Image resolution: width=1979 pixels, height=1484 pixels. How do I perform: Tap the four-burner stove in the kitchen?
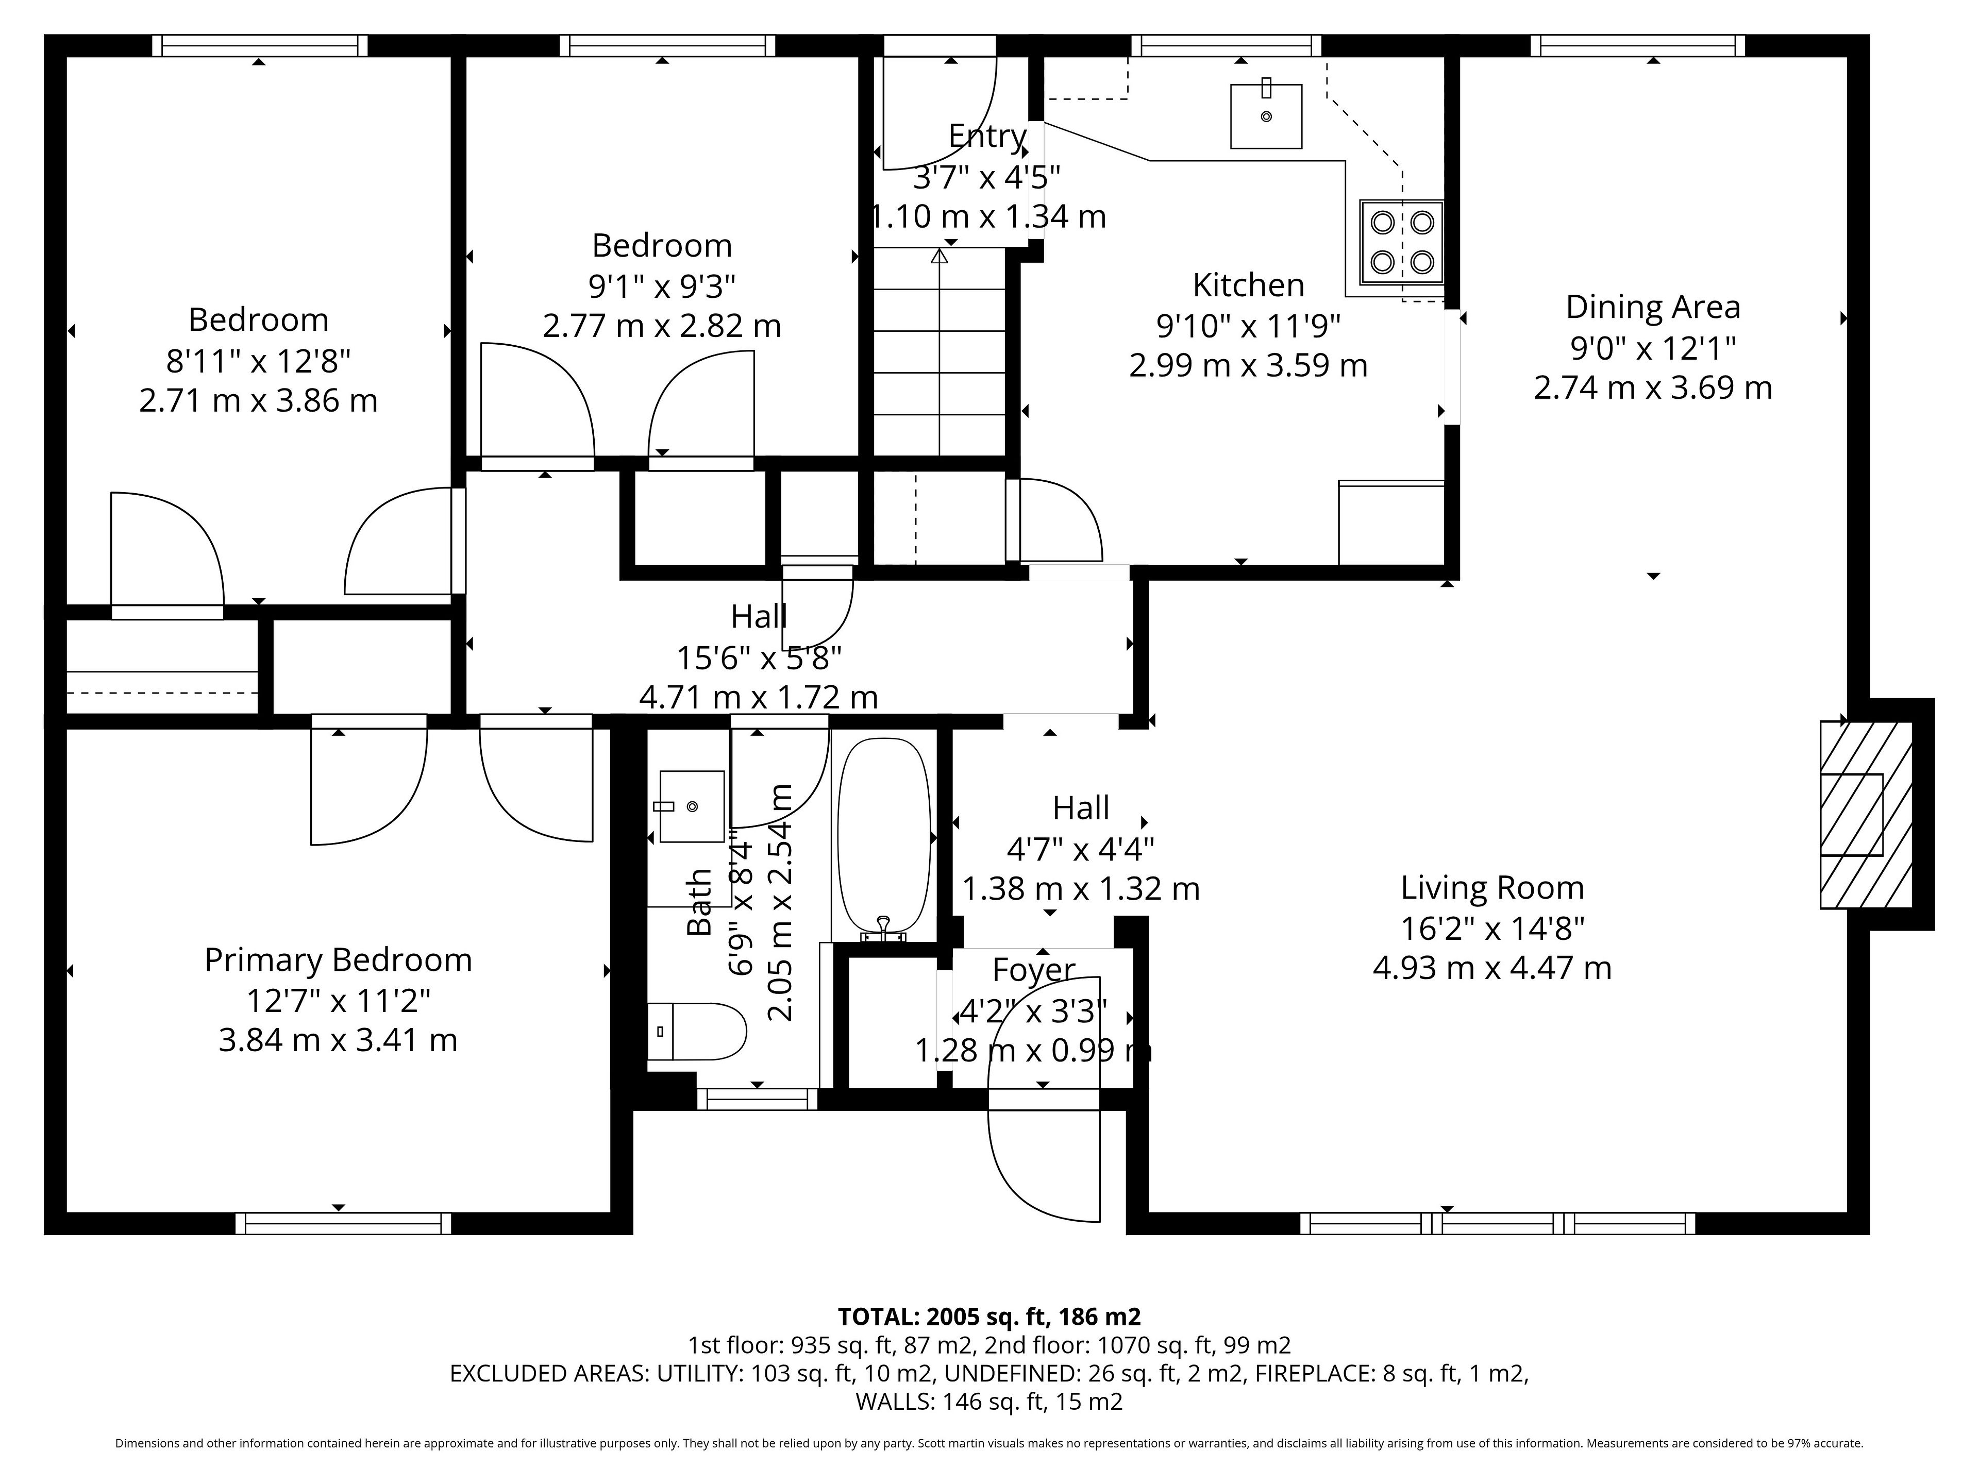click(x=1402, y=242)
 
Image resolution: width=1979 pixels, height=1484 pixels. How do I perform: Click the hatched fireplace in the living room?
click(x=1866, y=815)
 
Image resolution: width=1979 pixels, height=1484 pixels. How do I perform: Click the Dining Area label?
click(x=1652, y=307)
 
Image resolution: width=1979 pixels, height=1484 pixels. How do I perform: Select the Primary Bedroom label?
click(x=338, y=960)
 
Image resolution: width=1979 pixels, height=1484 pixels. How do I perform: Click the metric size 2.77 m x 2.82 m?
click(x=662, y=326)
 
